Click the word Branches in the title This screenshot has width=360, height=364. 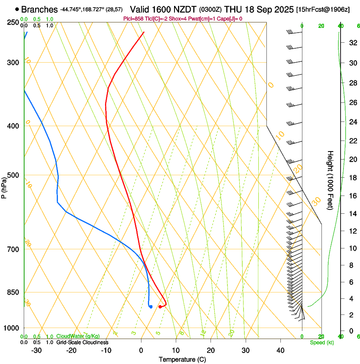[x=39, y=9]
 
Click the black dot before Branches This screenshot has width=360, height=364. [x=17, y=9]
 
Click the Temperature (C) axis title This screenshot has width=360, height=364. [x=182, y=359]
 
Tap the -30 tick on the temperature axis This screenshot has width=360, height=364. [x=36, y=350]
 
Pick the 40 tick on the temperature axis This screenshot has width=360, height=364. [x=280, y=350]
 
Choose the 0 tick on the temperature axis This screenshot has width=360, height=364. [x=141, y=350]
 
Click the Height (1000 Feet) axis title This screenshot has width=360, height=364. [x=331, y=180]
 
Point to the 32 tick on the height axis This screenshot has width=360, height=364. [x=352, y=43]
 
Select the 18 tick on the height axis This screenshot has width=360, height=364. [x=352, y=178]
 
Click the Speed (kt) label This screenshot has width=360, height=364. [x=322, y=342]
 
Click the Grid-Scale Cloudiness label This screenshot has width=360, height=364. [x=82, y=342]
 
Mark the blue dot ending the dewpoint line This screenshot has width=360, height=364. [x=151, y=306]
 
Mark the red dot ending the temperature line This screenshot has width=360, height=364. [x=160, y=306]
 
